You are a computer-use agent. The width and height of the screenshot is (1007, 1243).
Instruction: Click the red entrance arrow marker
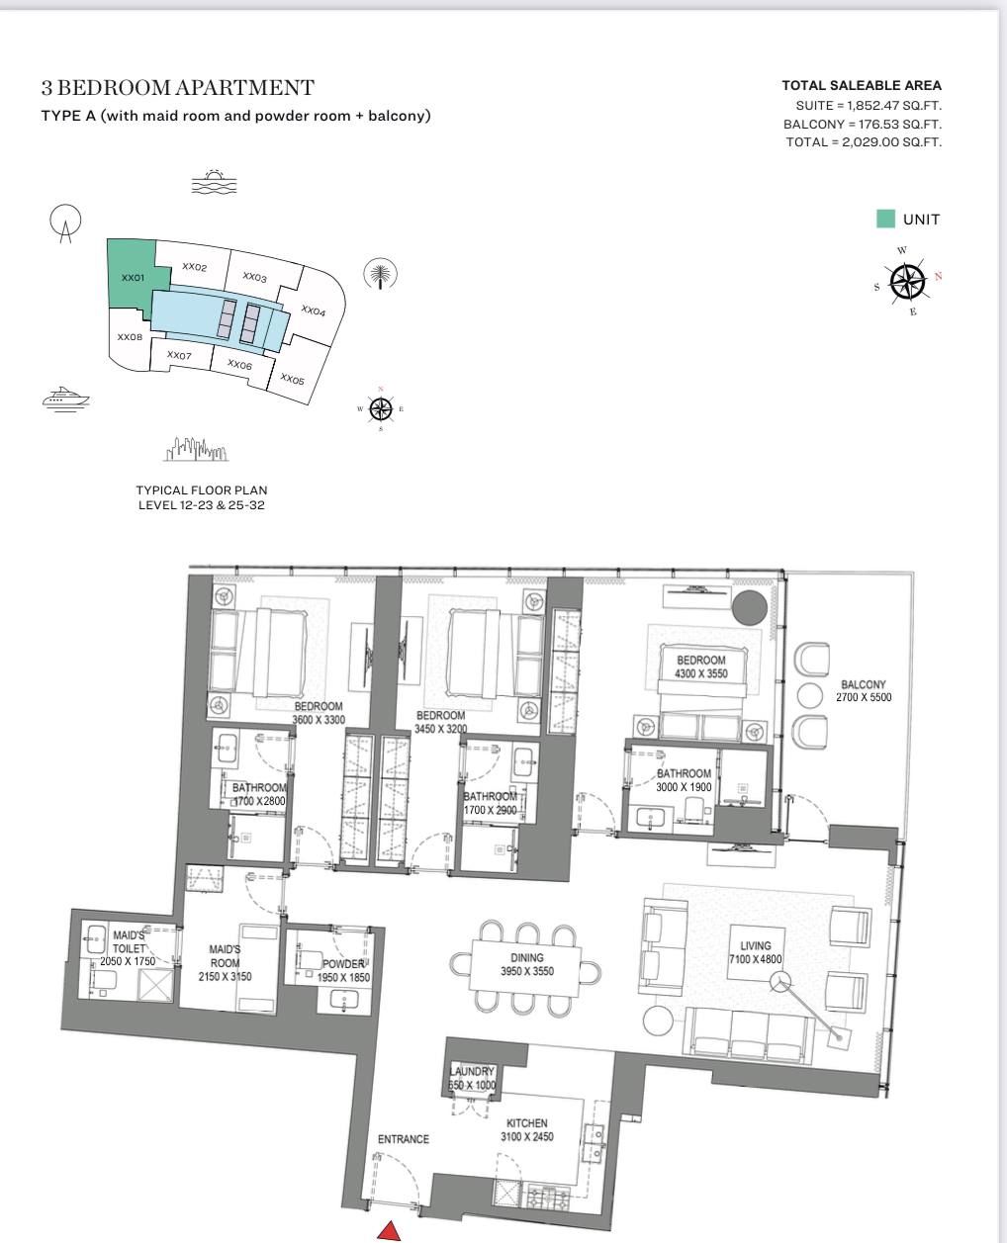[389, 1231]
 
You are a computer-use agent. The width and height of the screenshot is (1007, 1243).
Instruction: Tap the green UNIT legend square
[885, 219]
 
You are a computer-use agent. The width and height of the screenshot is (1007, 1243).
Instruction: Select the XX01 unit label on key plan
[133, 277]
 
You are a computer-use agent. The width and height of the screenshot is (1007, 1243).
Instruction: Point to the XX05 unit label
[292, 380]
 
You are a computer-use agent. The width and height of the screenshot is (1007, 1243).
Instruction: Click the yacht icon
[65, 399]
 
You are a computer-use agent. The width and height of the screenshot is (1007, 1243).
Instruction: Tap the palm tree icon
[380, 273]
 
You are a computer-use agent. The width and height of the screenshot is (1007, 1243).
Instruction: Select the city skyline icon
[196, 449]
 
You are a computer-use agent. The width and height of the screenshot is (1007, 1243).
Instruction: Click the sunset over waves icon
[215, 182]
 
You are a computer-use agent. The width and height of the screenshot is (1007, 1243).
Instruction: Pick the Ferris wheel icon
[65, 222]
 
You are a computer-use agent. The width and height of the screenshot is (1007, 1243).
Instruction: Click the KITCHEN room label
[526, 1123]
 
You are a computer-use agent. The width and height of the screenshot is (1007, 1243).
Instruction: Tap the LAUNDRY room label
[472, 1071]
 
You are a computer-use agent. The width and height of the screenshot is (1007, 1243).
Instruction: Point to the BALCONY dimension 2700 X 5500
[864, 697]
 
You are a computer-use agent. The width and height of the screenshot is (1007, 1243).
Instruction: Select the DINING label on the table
[526, 957]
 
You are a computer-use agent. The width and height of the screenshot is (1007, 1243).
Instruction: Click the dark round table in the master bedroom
[750, 607]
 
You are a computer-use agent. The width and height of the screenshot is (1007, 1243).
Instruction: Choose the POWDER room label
[343, 963]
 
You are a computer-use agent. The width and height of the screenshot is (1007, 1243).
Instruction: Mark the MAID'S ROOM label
[225, 956]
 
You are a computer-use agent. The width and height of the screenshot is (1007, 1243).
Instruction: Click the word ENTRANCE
[403, 1139]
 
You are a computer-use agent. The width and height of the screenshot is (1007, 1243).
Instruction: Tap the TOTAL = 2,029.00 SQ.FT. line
[864, 141]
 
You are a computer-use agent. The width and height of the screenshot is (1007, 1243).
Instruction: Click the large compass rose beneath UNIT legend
[908, 282]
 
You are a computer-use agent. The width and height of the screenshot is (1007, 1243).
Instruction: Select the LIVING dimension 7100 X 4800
[755, 959]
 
